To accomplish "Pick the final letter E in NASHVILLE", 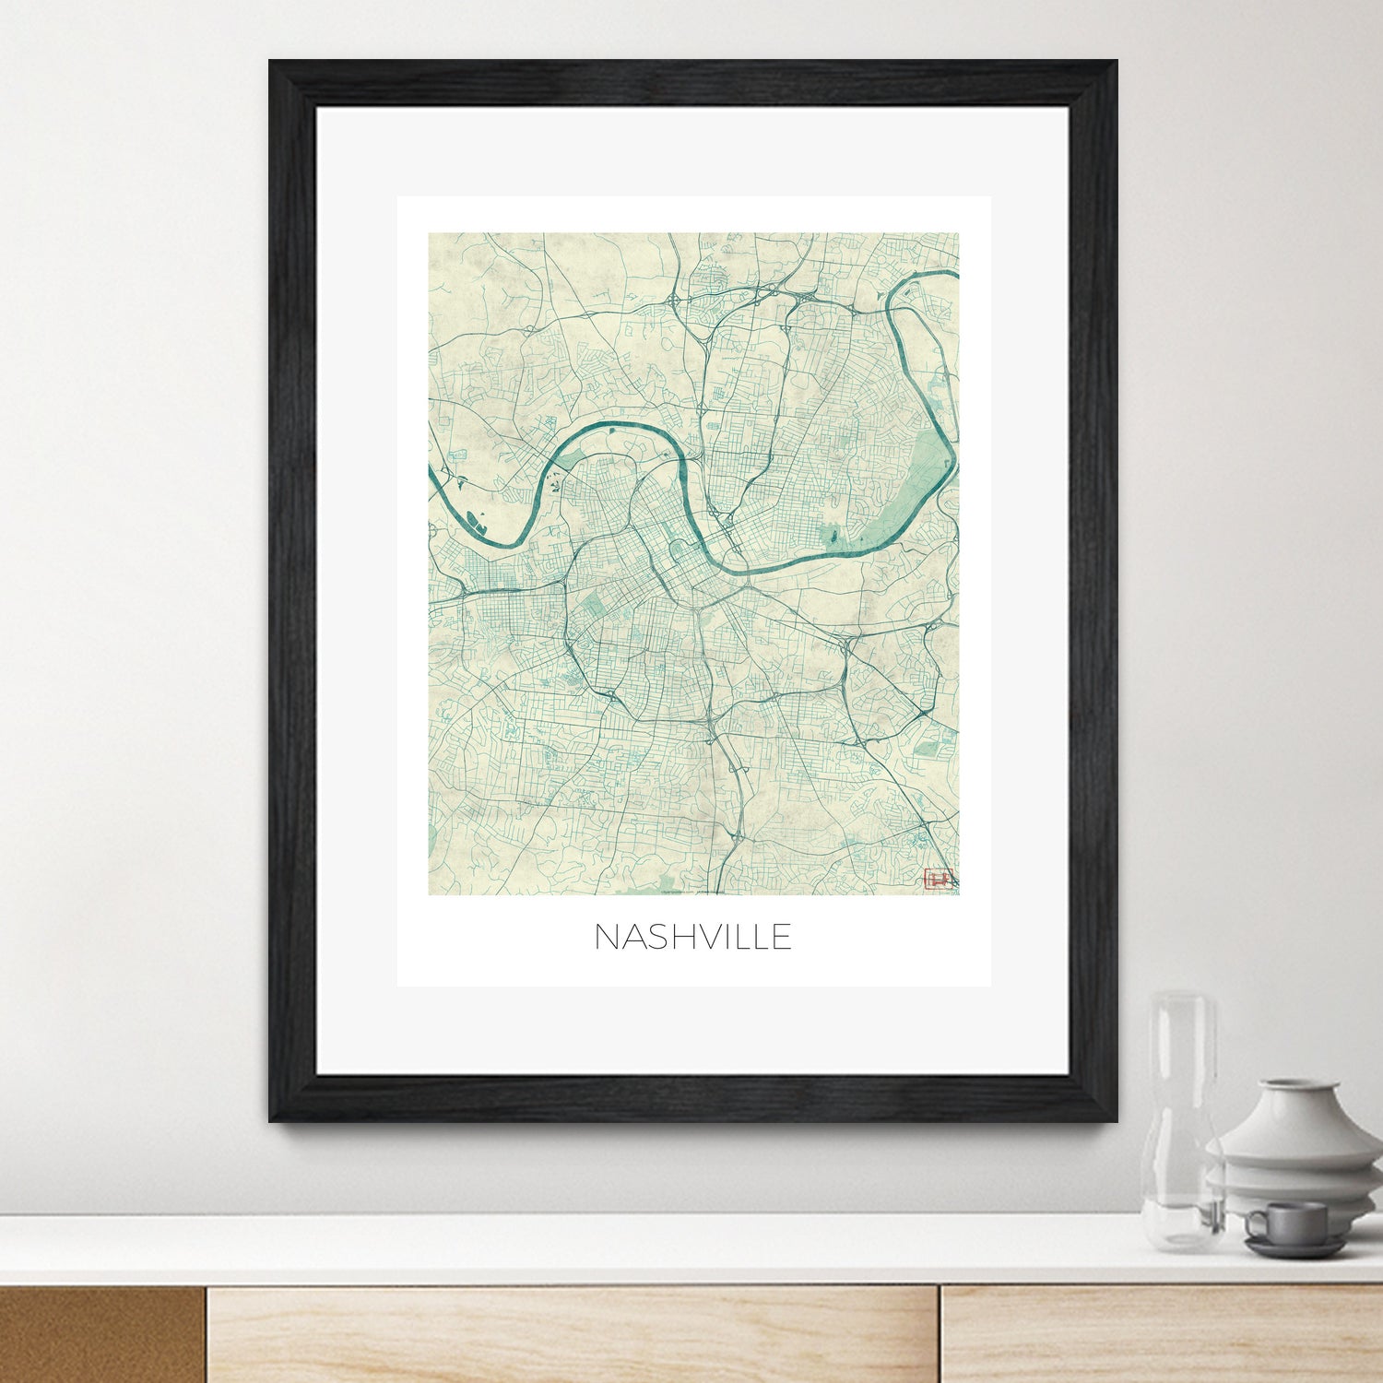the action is point(781,937).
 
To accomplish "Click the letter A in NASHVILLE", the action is point(633,937).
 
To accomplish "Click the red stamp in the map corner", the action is point(937,879).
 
